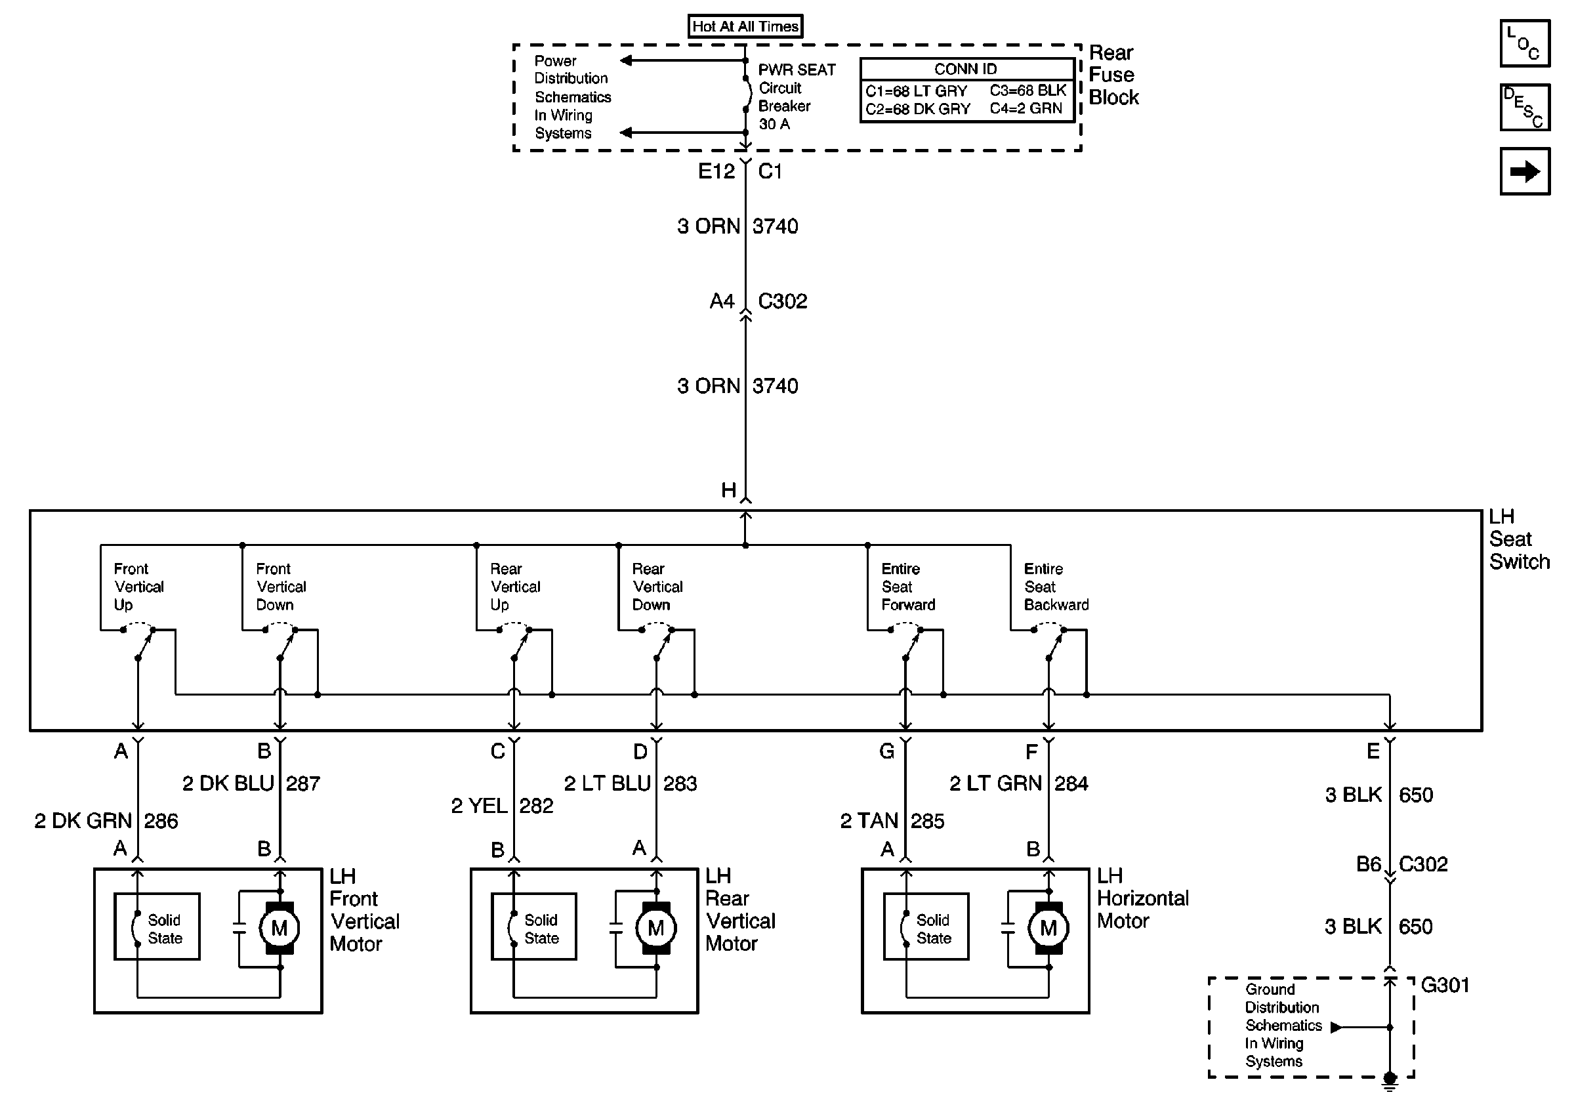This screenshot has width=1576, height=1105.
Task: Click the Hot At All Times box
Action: [745, 27]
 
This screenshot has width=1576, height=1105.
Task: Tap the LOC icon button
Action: [1525, 43]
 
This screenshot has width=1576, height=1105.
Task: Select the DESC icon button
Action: [1525, 107]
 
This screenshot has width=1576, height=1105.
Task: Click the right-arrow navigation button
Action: [1525, 171]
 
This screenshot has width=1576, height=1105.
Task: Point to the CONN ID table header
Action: [966, 70]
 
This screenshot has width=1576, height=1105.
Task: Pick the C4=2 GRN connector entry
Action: [1026, 108]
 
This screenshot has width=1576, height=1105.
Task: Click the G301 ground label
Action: [1445, 986]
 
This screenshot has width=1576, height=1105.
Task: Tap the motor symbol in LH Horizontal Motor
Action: [1048, 928]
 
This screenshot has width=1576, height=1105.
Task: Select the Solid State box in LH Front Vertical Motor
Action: [157, 927]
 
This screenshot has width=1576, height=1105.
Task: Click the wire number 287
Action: [302, 783]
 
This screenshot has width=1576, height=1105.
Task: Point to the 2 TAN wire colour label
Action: [869, 821]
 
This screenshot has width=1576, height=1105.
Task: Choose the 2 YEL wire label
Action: [478, 806]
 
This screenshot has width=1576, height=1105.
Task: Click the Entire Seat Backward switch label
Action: [1056, 587]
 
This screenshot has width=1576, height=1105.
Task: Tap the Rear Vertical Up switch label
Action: [515, 587]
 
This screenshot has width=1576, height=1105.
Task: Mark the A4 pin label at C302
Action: [722, 301]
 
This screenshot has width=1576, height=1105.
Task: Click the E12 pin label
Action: [716, 171]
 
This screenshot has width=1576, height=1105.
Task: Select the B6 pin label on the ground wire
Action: [1369, 864]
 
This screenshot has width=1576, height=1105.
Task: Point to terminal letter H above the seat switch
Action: [729, 490]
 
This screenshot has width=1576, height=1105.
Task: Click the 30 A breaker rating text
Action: [774, 124]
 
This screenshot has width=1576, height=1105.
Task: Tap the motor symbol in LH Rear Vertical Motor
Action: [655, 928]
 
